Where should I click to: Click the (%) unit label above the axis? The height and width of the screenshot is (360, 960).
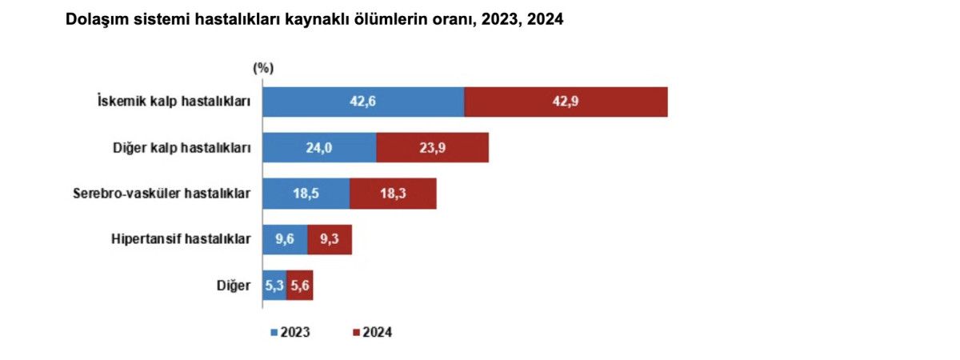262,69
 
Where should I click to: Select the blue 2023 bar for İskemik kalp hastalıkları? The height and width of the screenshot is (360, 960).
363,102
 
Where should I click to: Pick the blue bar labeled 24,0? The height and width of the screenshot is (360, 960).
319,148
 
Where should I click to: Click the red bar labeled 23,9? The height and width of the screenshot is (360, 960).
432,148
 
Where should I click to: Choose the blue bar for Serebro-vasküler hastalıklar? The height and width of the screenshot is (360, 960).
306,194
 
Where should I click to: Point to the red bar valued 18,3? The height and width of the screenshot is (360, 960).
393,194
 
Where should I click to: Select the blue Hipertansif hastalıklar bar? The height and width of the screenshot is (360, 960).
285,239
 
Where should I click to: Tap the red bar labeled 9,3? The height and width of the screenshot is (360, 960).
330,239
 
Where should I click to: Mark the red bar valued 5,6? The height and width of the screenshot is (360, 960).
300,286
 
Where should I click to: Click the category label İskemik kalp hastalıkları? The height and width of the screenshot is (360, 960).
174,102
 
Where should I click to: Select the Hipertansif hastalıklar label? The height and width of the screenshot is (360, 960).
180,239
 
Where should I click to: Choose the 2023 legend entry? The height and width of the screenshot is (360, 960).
291,331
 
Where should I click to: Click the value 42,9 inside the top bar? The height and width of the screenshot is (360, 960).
565,102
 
